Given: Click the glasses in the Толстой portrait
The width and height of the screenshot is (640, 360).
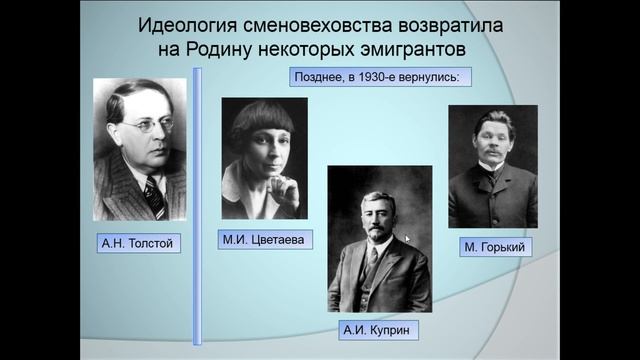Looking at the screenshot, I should pyautogui.click(x=139, y=126).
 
